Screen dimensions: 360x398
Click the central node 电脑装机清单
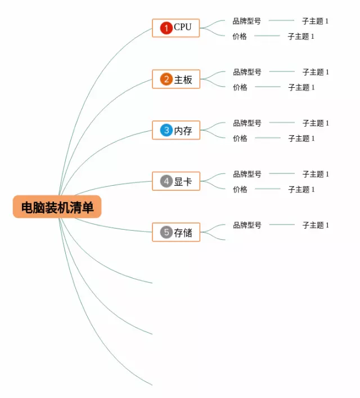pyautogui.click(x=57, y=207)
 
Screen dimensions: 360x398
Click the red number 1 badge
pyautogui.click(x=166, y=28)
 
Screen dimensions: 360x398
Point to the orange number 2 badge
pyautogui.click(x=166, y=79)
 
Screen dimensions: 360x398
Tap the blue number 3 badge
pyautogui.click(x=166, y=131)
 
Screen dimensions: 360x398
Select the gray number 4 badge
pyautogui.click(x=166, y=181)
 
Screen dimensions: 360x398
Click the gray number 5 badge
pyautogui.click(x=166, y=232)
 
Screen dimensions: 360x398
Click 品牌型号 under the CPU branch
pyautogui.click(x=247, y=21)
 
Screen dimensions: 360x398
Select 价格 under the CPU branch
pyautogui.click(x=240, y=37)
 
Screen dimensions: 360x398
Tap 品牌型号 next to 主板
pyautogui.click(x=247, y=72)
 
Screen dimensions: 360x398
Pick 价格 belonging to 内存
pyautogui.click(x=240, y=138)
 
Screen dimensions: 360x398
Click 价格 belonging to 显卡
pyautogui.click(x=240, y=190)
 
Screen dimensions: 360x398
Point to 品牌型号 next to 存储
pyautogui.click(x=247, y=225)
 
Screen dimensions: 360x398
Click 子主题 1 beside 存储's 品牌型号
pyautogui.click(x=316, y=225)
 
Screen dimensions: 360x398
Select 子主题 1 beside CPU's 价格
pyautogui.click(x=301, y=37)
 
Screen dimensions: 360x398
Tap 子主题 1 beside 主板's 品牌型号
pyautogui.click(x=316, y=72)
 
